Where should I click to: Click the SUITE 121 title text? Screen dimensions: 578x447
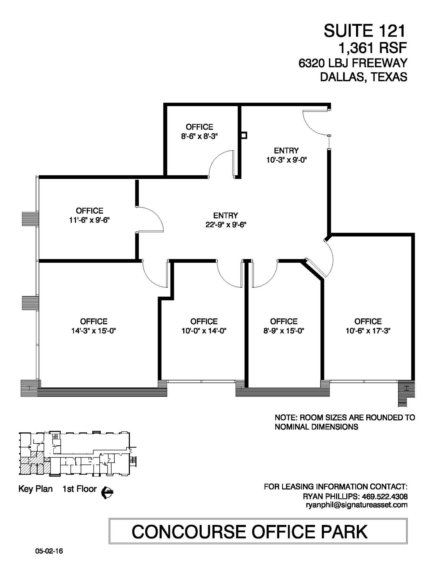(364, 31)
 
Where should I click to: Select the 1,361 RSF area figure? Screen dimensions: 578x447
(372, 48)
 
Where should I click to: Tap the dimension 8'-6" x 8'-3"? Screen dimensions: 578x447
(199, 136)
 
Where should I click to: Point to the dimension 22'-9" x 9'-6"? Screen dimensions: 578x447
(226, 225)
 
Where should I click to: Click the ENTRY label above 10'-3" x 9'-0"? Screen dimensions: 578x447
(286, 150)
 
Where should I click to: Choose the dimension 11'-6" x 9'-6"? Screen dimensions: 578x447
(90, 220)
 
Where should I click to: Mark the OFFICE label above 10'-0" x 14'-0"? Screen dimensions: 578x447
(204, 321)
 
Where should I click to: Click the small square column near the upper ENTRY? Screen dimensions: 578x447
(244, 135)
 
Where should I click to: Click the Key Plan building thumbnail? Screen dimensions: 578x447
(76, 454)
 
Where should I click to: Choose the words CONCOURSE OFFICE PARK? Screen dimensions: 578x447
(250, 532)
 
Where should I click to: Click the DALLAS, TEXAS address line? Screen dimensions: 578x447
(364, 77)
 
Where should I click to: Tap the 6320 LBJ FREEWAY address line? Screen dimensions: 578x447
(353, 63)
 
